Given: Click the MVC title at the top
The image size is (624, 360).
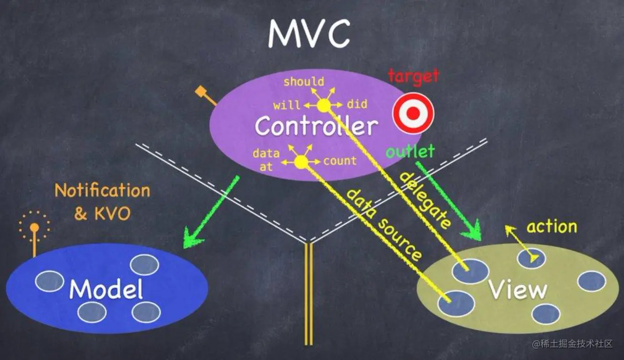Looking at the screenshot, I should pyautogui.click(x=308, y=34).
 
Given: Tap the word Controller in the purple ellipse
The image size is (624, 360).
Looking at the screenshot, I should pyautogui.click(x=316, y=126).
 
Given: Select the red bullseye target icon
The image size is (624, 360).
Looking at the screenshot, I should pyautogui.click(x=413, y=113).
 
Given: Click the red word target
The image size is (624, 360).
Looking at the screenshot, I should pyautogui.click(x=414, y=77).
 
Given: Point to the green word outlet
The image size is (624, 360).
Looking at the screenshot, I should pyautogui.click(x=410, y=151).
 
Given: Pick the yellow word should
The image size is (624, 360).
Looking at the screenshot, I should pyautogui.click(x=303, y=82).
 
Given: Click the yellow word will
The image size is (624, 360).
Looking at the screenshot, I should pyautogui.click(x=286, y=106).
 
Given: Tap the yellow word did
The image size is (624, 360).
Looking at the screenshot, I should pyautogui.click(x=357, y=105).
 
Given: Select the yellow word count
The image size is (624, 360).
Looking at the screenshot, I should pyautogui.click(x=340, y=161).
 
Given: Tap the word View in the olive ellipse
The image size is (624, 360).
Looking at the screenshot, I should pyautogui.click(x=518, y=290).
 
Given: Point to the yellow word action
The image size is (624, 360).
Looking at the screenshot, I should pyautogui.click(x=552, y=227).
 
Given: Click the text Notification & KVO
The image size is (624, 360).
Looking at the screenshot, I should pyautogui.click(x=102, y=202).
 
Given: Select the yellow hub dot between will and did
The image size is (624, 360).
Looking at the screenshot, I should pyautogui.click(x=323, y=105).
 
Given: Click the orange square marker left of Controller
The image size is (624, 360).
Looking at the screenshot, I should pyautogui.click(x=201, y=92).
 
